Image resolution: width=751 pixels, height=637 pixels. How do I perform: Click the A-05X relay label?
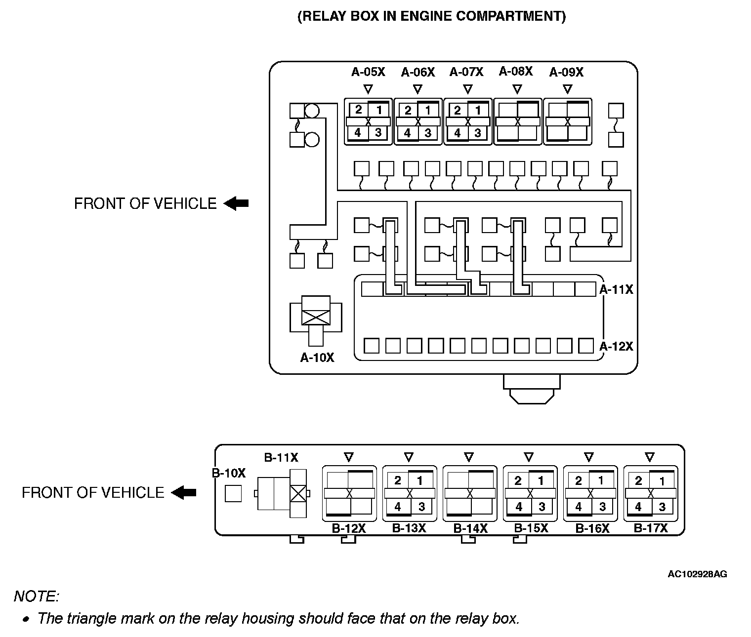point(368,72)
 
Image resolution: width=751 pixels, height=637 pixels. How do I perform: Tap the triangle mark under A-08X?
point(517,89)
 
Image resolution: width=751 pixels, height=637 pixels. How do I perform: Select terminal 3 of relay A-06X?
point(428,133)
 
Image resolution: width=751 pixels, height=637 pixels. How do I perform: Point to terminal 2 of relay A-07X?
point(458,110)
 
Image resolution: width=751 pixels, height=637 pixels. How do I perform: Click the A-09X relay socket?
point(567,121)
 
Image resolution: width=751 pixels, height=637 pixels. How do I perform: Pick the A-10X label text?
point(317,358)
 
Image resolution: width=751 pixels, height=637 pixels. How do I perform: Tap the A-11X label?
point(616,289)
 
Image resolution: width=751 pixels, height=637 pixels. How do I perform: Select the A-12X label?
point(616,346)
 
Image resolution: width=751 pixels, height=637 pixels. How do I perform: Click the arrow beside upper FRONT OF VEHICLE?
point(236,203)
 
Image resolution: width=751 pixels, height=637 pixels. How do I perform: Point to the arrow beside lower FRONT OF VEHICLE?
point(184,492)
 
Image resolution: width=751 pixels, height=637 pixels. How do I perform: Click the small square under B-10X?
point(233,493)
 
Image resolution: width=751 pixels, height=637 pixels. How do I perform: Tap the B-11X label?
point(281,458)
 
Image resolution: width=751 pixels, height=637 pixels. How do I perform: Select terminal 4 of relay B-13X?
point(398,507)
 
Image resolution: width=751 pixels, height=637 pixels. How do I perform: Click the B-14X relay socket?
point(470,493)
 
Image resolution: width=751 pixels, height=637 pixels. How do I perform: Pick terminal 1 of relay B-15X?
point(541,480)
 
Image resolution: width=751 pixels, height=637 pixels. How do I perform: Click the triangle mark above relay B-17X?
point(650,457)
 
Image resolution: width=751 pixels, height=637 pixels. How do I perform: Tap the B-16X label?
point(592,528)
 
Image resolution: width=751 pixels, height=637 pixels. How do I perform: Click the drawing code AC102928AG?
point(697,574)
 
